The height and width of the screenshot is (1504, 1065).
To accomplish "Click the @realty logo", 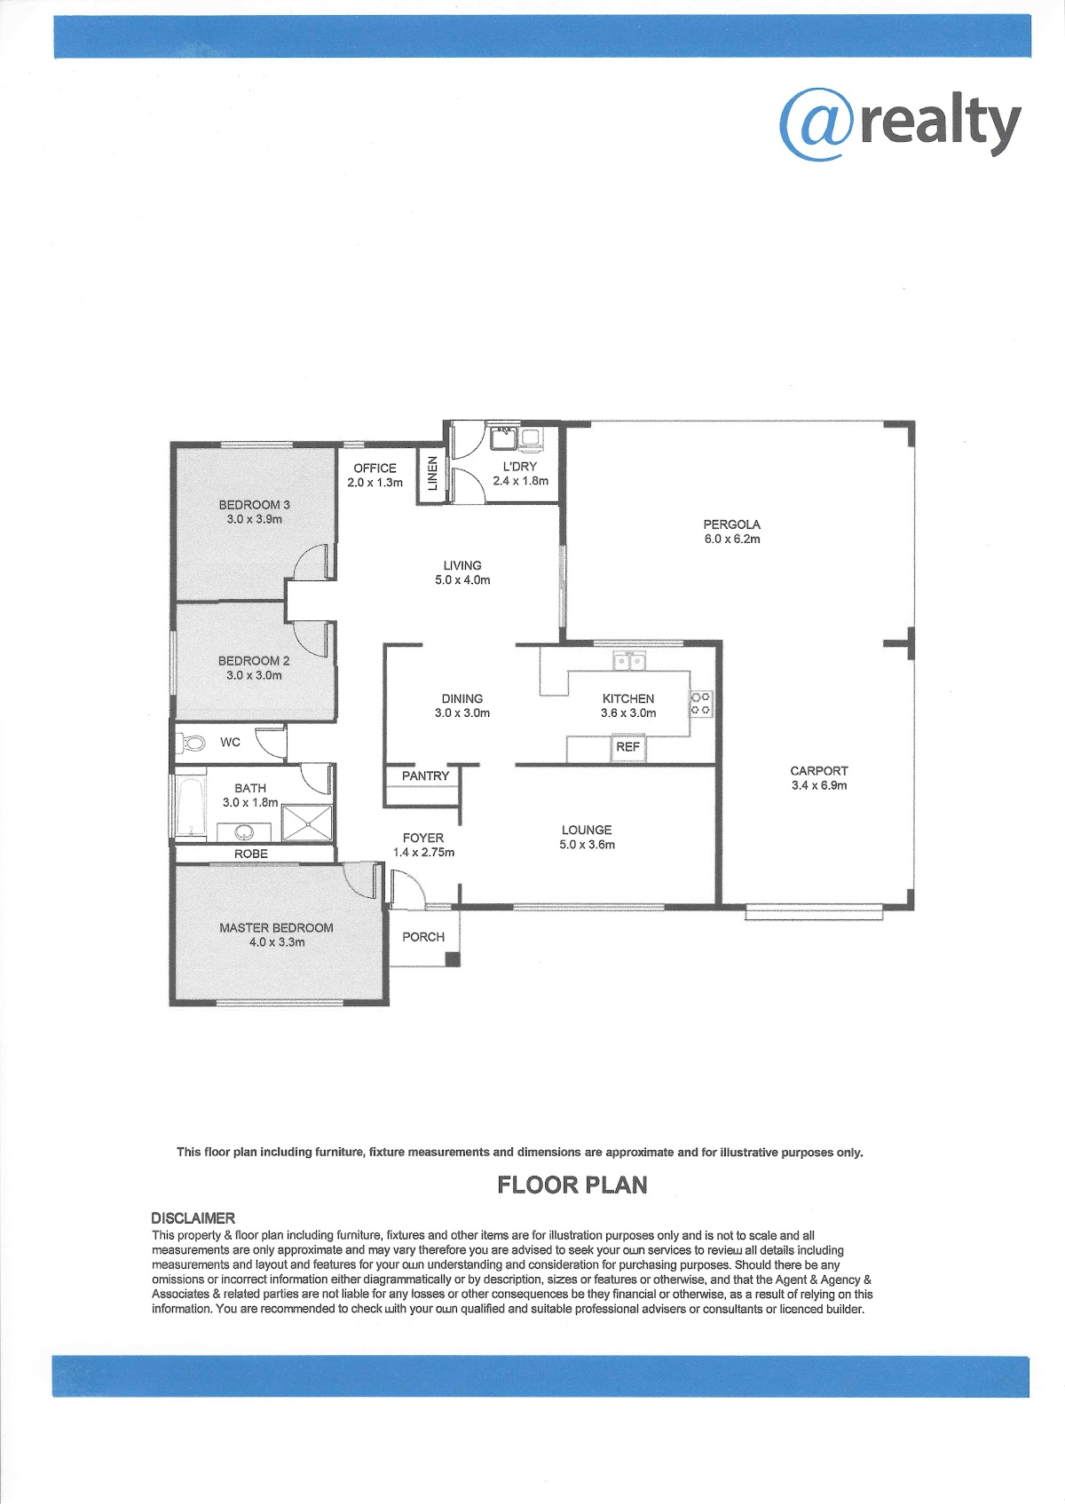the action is pyautogui.click(x=900, y=124).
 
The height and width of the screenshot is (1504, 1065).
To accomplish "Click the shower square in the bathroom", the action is pyautogui.click(x=307, y=823).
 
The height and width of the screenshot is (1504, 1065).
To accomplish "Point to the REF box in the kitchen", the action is pyautogui.click(x=627, y=747).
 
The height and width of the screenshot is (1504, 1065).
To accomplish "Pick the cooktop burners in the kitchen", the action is pyautogui.click(x=701, y=704).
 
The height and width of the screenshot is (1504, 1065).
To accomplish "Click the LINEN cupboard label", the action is pyautogui.click(x=432, y=473).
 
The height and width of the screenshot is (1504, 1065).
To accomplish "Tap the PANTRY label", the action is pyautogui.click(x=425, y=776).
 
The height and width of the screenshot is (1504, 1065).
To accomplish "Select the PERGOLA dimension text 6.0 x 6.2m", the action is pyautogui.click(x=732, y=539).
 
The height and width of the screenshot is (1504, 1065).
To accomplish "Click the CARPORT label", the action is pyautogui.click(x=818, y=771).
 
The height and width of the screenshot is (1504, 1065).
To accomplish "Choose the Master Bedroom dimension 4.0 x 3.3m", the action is pyautogui.click(x=277, y=942).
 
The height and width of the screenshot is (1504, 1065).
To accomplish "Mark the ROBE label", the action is pyautogui.click(x=251, y=854).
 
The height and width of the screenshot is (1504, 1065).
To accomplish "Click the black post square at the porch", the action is pyautogui.click(x=454, y=959).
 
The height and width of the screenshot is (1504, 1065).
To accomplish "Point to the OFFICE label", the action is pyautogui.click(x=375, y=468).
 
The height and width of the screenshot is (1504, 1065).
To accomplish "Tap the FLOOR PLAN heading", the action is pyautogui.click(x=572, y=1185).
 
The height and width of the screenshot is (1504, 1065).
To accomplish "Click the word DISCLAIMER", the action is pyautogui.click(x=193, y=1218).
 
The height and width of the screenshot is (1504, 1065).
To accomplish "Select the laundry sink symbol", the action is pyautogui.click(x=503, y=437).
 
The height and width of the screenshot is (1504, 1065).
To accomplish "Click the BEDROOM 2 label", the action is pyautogui.click(x=254, y=661).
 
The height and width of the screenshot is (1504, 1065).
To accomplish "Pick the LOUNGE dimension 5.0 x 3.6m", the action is pyautogui.click(x=587, y=845).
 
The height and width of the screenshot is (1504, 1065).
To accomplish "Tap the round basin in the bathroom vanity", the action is pyautogui.click(x=244, y=832).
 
